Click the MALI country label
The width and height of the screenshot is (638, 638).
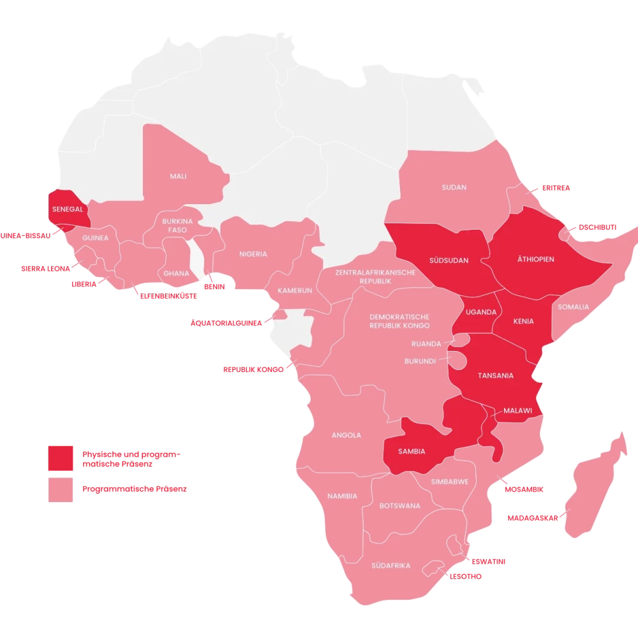pos(178,176)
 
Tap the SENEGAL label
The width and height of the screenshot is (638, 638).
pos(68,209)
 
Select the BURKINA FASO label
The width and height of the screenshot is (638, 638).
pos(177,225)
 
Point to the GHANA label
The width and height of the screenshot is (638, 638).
pos(176,273)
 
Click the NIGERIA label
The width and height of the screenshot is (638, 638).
pos(253,254)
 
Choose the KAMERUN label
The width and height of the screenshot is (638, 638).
pos(295,291)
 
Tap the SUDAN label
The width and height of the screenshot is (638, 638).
pos(454,188)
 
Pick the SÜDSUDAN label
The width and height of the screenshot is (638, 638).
pos(449,260)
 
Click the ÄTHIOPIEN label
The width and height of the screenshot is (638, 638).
pos(535,260)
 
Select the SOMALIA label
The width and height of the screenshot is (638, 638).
pos(573,307)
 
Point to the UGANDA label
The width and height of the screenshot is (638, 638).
pos(481,312)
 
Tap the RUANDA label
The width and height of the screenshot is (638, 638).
pos(426,343)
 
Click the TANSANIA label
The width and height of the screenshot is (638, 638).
pos(496,376)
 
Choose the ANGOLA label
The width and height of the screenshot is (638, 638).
pos(346,435)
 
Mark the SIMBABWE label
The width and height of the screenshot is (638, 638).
pos(450,482)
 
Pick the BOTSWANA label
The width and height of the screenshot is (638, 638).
pos(400,506)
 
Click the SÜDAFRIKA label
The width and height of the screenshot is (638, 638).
pos(391,565)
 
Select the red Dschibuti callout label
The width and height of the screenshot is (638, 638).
pos(597,226)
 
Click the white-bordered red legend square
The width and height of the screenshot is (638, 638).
pos(61,490)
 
